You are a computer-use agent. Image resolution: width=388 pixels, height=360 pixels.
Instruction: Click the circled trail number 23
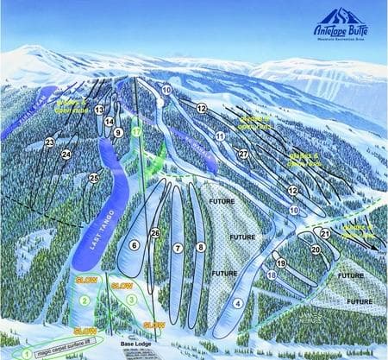pos(49,142)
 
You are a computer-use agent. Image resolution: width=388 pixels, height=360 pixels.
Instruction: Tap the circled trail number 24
pos(66,155)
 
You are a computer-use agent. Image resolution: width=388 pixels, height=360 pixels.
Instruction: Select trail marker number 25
pos(94,178)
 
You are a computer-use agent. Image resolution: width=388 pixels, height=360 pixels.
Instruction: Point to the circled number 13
pos(99,110)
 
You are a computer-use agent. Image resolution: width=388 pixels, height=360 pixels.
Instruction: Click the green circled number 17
pos(135,132)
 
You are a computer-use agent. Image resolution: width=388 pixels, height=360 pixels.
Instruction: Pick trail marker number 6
pos(134,245)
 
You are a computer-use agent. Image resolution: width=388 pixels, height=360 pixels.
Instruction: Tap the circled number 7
pos(178,248)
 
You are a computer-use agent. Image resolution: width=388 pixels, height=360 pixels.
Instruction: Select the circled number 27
pos(244,154)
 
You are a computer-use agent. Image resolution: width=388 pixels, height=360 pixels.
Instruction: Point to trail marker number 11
pos(220,136)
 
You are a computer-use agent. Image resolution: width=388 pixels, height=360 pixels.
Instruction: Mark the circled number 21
pos(325,233)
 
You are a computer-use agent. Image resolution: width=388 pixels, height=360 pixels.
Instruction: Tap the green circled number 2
pos(84,300)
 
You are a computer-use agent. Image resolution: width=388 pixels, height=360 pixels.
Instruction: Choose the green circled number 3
pos(131,299)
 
